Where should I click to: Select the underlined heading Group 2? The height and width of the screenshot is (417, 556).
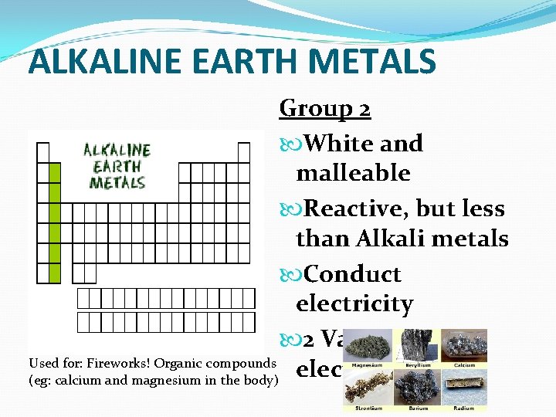pyautogui.click(x=325, y=108)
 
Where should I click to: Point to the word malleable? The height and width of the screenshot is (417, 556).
pyautogui.click(x=353, y=173)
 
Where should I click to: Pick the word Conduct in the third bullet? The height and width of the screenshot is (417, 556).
pyautogui.click(x=353, y=274)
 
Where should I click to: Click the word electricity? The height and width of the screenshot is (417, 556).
pyautogui.click(x=354, y=304)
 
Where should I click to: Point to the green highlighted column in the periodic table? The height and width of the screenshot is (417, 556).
pyautogui.click(x=54, y=223)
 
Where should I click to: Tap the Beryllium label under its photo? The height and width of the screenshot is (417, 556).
pyautogui.click(x=417, y=365)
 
